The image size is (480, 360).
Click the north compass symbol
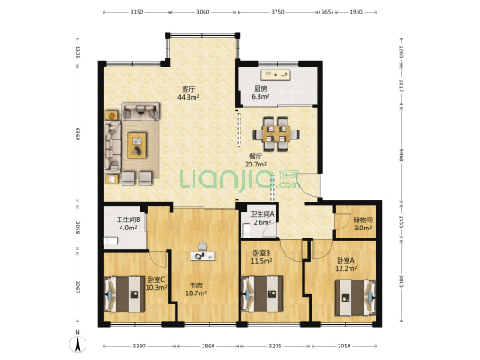click(77, 344)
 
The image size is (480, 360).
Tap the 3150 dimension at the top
click(137, 12)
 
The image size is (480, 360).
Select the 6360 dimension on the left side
click(77, 134)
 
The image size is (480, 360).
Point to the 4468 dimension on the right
click(401, 156)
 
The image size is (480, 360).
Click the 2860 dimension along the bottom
click(208, 346)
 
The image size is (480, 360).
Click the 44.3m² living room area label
click(188, 97)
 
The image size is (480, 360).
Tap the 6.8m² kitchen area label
click(260, 96)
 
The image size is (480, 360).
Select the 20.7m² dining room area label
click(256, 164)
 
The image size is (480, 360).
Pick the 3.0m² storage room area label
click(363, 228)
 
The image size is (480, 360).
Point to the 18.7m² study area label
click(196, 293)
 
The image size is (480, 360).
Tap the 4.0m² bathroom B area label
click(128, 228)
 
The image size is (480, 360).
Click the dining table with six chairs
click(276, 134)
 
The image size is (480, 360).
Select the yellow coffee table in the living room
click(137, 145)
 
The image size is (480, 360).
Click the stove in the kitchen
click(276, 75)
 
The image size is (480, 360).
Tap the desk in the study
click(203, 256)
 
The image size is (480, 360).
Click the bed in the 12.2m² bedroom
click(356, 298)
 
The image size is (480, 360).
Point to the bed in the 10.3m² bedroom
click(124, 294)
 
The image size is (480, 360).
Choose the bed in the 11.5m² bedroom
click(262, 294)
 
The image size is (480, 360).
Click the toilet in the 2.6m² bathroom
click(247, 230)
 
